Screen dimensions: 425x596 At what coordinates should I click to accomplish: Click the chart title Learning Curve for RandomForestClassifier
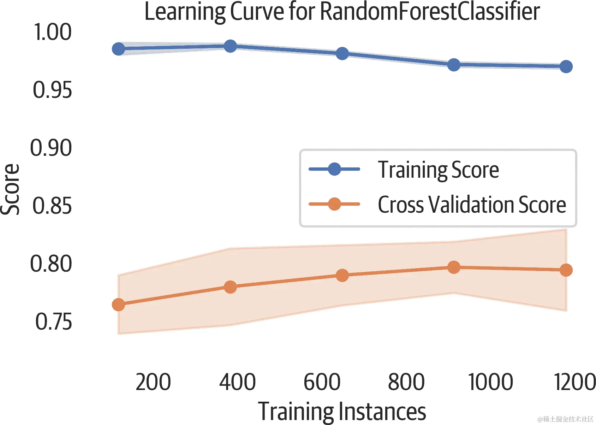point(342,12)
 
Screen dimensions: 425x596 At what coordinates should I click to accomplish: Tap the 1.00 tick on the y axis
point(53,32)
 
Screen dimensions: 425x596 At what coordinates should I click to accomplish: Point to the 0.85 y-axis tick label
point(52,206)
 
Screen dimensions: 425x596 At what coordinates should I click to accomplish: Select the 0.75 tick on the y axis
point(54,322)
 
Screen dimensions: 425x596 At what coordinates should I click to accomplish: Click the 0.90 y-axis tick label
point(51,148)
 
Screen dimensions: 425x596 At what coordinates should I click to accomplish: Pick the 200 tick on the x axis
point(153,382)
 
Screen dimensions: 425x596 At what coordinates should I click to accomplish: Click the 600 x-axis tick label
point(322,382)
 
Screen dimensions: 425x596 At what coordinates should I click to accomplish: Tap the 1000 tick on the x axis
point(490,382)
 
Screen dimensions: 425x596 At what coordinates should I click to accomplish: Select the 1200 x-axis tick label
point(575,382)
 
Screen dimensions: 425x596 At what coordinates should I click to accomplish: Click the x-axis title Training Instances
point(342,412)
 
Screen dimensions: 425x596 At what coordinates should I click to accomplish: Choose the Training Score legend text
point(438,170)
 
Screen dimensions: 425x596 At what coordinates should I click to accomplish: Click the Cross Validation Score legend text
point(472,205)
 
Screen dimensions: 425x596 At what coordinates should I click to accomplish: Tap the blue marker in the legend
point(334,169)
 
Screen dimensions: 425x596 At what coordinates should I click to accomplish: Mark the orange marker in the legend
point(334,204)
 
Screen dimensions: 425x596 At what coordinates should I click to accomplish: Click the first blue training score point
point(118,49)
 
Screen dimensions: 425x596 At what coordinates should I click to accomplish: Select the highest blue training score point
point(230,46)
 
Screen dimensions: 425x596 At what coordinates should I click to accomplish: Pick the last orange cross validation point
point(566,270)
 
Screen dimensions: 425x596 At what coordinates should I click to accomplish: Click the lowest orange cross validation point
point(118,305)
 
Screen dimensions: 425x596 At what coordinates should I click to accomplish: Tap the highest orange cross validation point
point(454,267)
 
